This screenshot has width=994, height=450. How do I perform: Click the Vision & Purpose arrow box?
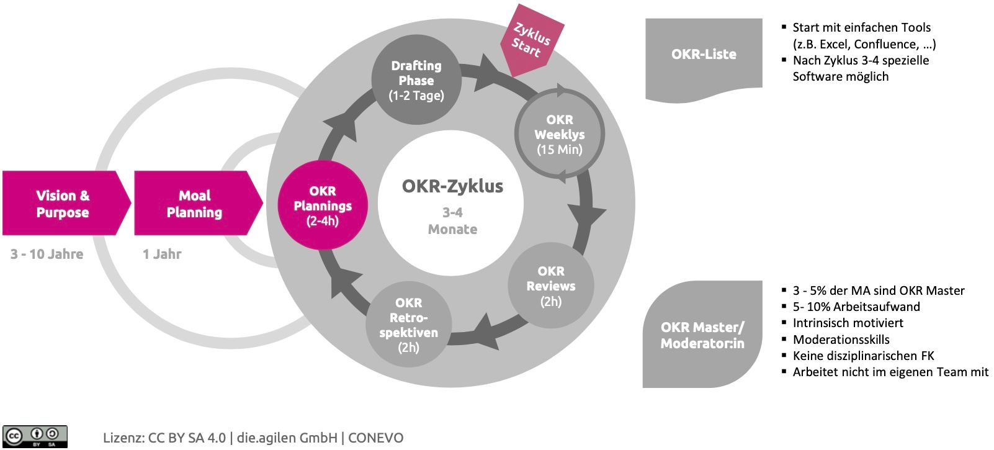[63, 204]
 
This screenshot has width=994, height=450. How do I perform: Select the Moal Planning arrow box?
[195, 204]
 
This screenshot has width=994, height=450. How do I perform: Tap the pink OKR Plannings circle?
[323, 205]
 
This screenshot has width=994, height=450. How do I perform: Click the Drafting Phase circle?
[416, 80]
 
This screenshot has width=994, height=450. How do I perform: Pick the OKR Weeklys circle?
[560, 134]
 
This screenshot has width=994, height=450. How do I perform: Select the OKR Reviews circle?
[551, 286]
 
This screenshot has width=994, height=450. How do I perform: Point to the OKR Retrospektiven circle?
[408, 325]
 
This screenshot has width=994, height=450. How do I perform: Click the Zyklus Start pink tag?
[531, 41]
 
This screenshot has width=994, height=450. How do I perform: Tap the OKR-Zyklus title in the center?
[452, 186]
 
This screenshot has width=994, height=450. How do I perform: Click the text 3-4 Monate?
[452, 221]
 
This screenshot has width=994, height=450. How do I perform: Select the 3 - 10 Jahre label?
[47, 254]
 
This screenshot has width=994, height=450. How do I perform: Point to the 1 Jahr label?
[162, 254]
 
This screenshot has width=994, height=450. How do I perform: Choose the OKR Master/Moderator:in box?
[702, 335]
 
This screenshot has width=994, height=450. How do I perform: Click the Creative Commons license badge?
[35, 436]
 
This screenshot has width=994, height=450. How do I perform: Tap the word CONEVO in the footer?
[376, 438]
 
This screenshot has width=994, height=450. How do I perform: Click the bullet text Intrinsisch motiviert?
[848, 323]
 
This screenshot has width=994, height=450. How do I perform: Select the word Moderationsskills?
[841, 340]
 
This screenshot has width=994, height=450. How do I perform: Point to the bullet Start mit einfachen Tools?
[862, 27]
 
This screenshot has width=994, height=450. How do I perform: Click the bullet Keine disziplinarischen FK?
[863, 356]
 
